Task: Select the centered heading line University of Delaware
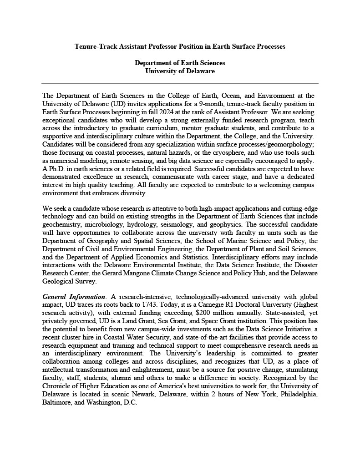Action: coord(180,71)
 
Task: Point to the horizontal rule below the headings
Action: coord(180,84)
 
